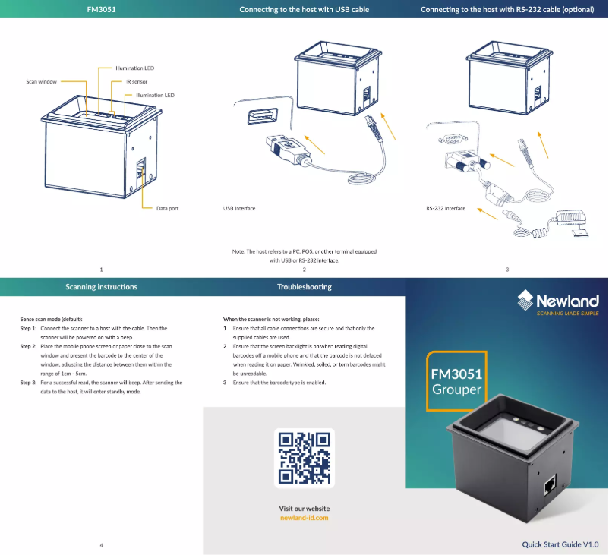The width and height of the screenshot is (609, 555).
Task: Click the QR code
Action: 304,459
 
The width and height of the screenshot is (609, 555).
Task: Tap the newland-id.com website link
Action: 304,518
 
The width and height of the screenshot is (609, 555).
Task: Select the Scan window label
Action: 41,81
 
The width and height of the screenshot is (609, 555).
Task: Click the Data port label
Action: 167,207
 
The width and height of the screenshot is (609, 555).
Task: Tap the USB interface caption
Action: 239,207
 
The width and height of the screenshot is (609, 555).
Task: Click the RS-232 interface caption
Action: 446,207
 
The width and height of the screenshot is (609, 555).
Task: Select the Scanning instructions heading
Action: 102,287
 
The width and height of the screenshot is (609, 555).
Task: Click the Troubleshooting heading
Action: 304,287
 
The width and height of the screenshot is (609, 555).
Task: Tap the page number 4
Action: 102,544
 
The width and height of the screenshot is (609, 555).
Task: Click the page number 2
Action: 304,270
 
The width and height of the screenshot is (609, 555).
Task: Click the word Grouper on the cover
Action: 456,389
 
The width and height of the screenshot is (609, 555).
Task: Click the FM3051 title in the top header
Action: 102,9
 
